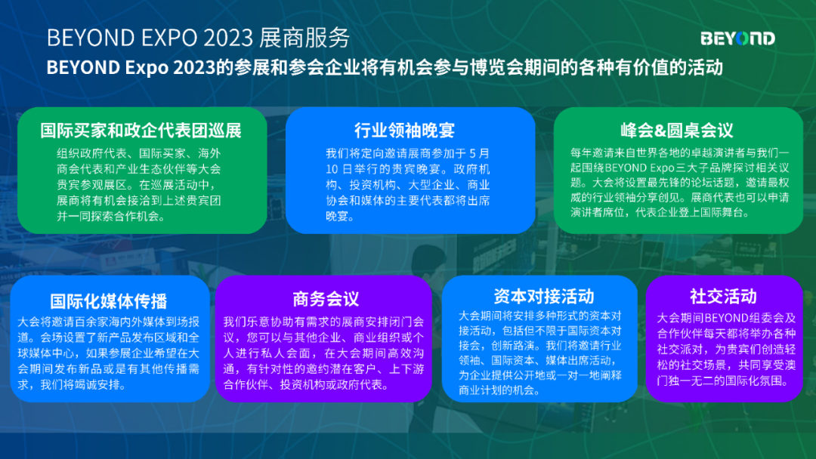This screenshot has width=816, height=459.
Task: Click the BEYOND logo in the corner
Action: pos(737,39)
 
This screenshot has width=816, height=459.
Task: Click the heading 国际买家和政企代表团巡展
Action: pos(141,131)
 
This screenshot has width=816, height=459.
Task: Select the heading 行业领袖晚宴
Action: pos(404,130)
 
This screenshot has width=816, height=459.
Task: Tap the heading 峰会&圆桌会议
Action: pos(676,130)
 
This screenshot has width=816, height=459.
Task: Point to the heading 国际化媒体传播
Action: pos(109,301)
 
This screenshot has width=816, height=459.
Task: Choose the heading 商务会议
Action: pos(326,299)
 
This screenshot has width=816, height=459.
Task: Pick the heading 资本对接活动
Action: pos(543,296)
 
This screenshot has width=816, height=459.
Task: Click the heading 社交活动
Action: pos(723,296)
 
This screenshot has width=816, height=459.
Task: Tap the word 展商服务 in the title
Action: pos(304,38)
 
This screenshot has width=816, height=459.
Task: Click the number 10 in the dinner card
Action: pos(332,169)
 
